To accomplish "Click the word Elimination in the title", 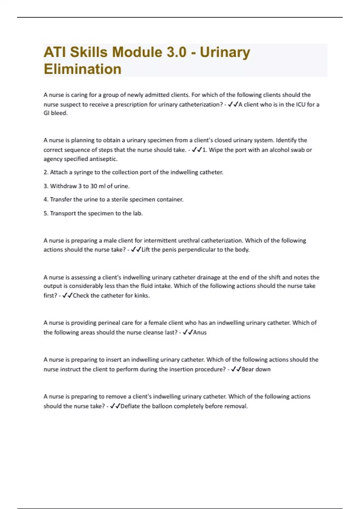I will [x=82, y=69].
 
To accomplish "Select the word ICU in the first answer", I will [x=300, y=104].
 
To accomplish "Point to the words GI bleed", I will [x=55, y=113].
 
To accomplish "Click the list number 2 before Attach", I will [x=46, y=172].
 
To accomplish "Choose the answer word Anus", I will [x=200, y=332].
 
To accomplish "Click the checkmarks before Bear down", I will [x=236, y=369].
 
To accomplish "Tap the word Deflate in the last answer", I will [x=130, y=406].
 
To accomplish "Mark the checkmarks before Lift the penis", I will [x=136, y=250].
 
